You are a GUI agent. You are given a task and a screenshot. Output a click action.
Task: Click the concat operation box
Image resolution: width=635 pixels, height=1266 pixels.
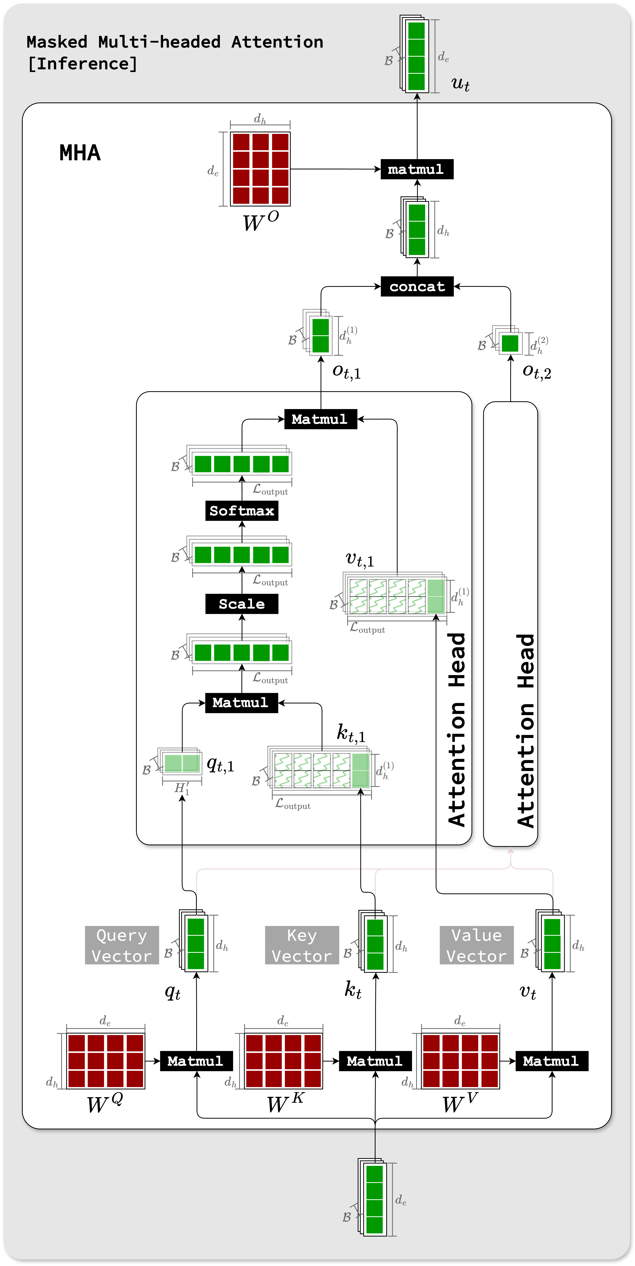(x=417, y=287)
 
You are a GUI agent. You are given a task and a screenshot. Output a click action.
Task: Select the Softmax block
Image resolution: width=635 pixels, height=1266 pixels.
(x=241, y=511)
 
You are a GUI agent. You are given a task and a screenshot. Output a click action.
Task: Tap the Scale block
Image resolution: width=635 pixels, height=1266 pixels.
(x=241, y=604)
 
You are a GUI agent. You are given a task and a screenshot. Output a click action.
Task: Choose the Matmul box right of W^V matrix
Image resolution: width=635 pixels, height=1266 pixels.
(x=551, y=1061)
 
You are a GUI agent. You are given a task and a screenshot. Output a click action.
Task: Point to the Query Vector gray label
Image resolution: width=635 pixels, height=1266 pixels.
(x=122, y=945)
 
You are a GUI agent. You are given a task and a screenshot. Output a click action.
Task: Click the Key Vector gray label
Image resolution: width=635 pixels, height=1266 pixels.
(x=302, y=945)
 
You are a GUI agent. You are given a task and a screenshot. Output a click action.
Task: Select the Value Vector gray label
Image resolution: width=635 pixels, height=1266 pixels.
(x=476, y=945)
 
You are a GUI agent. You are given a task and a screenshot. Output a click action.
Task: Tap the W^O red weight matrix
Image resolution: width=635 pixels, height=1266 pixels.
(x=260, y=169)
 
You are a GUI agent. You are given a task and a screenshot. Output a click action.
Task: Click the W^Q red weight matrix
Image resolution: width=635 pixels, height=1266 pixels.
(x=106, y=1060)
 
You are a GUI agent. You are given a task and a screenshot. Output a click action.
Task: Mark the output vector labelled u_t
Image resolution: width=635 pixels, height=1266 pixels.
(x=416, y=55)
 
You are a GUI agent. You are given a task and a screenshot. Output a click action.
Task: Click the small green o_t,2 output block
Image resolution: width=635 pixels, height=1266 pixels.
(x=510, y=343)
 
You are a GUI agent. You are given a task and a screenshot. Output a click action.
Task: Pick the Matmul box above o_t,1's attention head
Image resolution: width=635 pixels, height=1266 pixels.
(x=320, y=419)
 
